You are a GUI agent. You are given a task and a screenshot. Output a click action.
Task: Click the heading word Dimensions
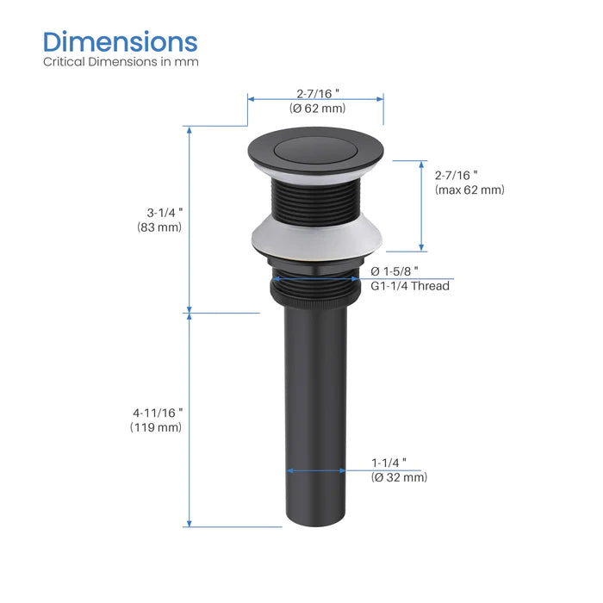click(121, 41)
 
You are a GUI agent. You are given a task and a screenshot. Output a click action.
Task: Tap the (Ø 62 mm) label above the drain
click(317, 109)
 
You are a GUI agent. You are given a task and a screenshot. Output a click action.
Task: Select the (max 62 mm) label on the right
click(469, 190)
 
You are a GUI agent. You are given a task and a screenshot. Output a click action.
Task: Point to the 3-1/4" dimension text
click(159, 211)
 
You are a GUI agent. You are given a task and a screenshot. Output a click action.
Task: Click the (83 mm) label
click(159, 227)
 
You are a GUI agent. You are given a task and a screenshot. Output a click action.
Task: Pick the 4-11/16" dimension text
click(157, 411)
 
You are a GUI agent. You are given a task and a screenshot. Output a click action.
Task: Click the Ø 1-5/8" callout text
click(395, 270)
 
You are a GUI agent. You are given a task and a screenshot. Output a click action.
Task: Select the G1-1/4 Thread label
click(410, 286)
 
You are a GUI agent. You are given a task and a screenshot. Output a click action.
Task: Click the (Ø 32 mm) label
click(399, 477)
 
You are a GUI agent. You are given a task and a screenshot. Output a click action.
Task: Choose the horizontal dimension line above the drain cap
click(316, 97)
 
